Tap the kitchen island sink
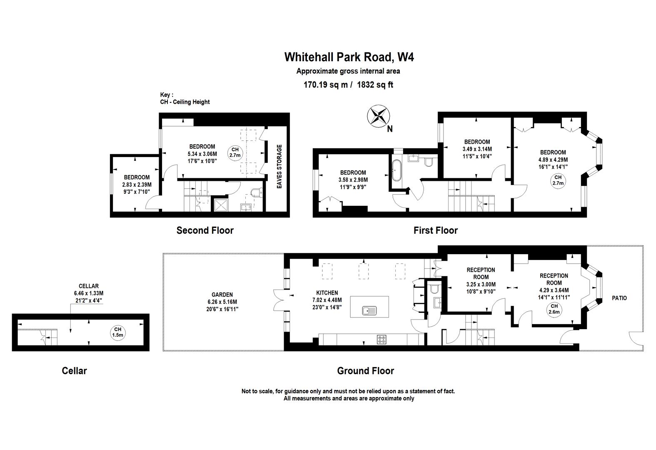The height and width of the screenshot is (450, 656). [x=369, y=310]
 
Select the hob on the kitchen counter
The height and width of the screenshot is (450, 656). [x=382, y=339]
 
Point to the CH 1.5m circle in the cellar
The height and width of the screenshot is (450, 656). [x=117, y=332]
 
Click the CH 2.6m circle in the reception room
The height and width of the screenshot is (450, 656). [x=554, y=309]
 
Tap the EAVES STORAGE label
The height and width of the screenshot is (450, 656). [x=279, y=166]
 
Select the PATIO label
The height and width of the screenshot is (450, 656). [x=619, y=298]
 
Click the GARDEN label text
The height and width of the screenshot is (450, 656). [x=222, y=295]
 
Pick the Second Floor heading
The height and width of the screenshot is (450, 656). [x=205, y=230]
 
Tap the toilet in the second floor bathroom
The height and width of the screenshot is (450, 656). [x=256, y=192]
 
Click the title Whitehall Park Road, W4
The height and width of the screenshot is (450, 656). [x=349, y=57]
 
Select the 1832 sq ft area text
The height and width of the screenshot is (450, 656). [x=376, y=85]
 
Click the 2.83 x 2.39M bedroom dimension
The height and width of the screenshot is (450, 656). [x=137, y=185]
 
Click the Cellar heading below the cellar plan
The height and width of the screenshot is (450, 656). [x=74, y=371]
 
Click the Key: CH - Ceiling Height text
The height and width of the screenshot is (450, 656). [x=185, y=99]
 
